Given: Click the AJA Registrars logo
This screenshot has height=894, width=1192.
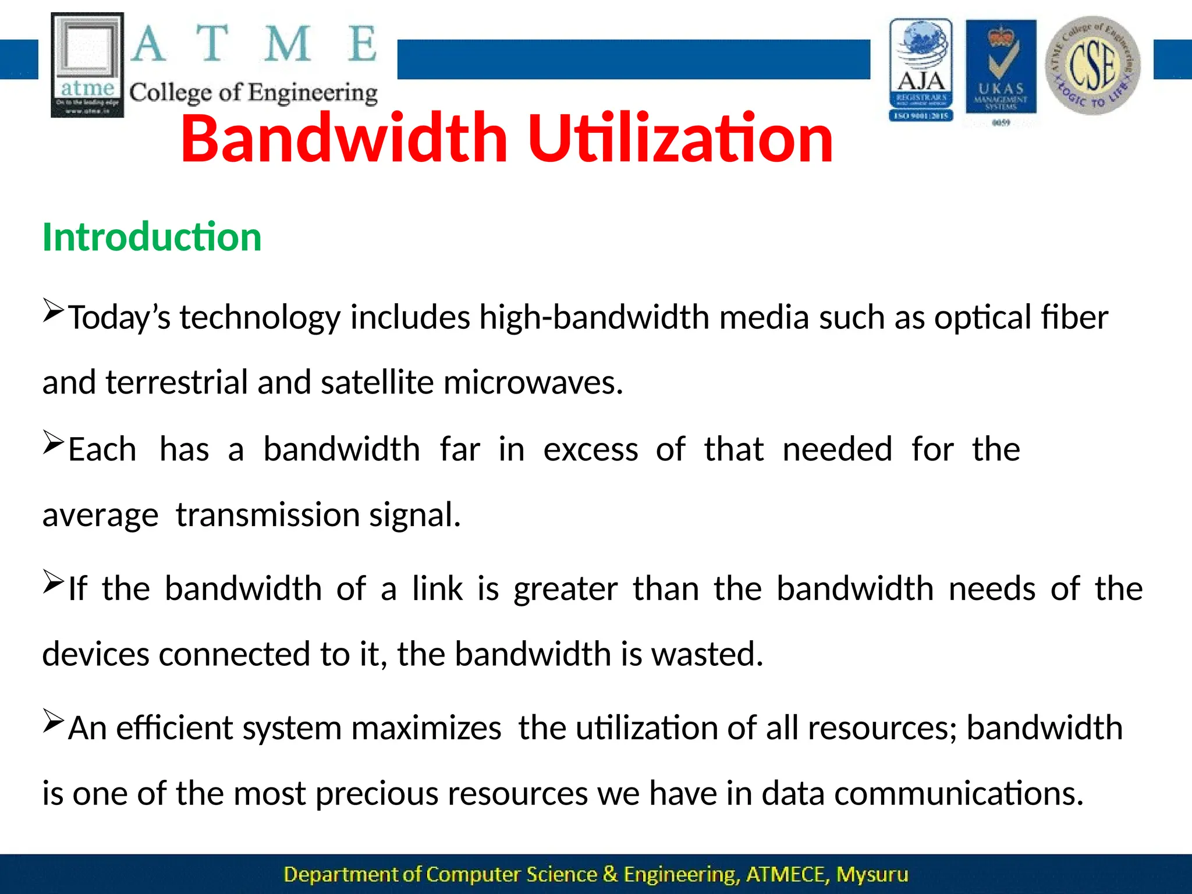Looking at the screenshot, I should click(x=921, y=70).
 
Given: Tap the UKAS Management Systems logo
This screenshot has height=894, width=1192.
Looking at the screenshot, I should click(x=1001, y=70).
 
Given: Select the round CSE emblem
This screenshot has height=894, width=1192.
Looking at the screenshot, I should click(x=1092, y=65).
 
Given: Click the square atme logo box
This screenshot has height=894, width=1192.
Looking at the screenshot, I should click(x=87, y=65).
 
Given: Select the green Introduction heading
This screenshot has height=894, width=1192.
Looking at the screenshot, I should click(x=152, y=237).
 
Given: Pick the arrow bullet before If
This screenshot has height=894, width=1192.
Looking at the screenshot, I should click(x=54, y=581).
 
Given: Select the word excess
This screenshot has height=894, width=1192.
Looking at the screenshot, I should click(x=590, y=449).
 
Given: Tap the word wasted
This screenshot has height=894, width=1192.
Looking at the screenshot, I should click(x=707, y=654).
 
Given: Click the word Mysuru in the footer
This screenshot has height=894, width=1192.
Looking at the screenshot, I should click(x=872, y=874).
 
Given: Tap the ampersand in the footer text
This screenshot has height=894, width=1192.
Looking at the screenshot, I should click(x=610, y=874).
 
